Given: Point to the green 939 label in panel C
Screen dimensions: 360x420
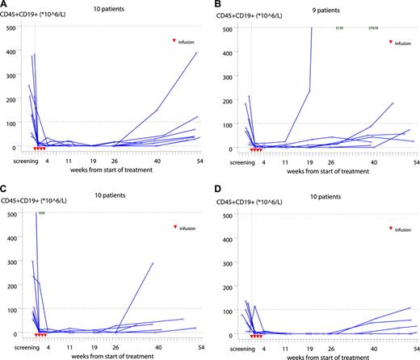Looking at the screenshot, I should (x=40, y=213).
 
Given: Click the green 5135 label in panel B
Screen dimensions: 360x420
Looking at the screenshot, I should (x=340, y=29).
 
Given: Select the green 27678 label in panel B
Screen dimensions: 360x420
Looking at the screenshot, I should (x=373, y=29).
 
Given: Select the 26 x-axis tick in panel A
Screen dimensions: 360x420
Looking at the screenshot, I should (x=115, y=161).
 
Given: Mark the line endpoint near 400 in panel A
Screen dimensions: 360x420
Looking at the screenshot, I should (x=196, y=53).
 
